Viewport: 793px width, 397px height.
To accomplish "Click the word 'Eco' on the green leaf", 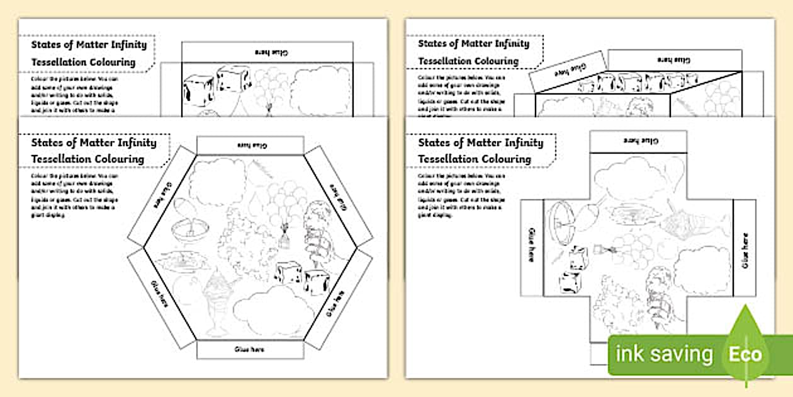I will point(745,354).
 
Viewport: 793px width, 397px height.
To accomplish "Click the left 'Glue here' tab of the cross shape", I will point(532,248).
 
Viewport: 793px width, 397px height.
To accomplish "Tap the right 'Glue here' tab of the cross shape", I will point(745,248).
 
